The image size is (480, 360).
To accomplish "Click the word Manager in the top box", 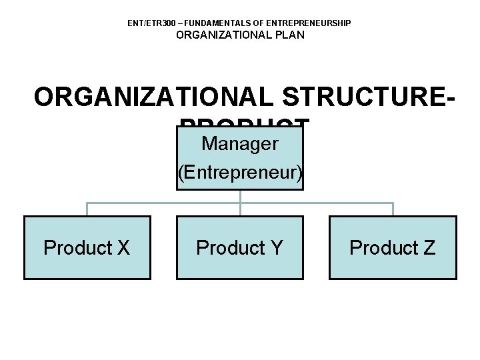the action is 239,143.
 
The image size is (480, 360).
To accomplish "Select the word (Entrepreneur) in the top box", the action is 240,173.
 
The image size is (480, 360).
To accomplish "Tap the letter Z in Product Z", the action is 428,248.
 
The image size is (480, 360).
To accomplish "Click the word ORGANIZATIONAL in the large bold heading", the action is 154,97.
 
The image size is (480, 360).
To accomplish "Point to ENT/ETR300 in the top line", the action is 151,23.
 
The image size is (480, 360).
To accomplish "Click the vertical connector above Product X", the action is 87,209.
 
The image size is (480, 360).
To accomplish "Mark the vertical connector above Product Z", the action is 393,209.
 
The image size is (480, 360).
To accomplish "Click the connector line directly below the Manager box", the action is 240,196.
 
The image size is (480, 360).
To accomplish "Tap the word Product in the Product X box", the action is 75,248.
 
